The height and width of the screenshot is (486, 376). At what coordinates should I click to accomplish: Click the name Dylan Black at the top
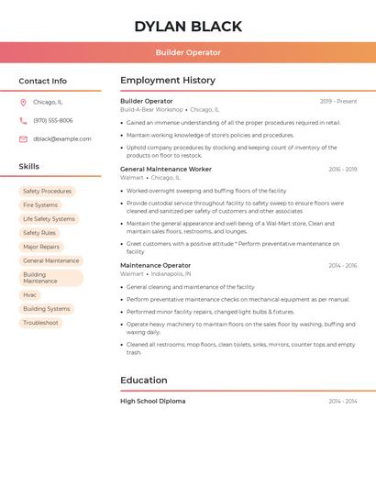tap(188, 27)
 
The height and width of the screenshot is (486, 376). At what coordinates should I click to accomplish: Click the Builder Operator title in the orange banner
tap(188, 53)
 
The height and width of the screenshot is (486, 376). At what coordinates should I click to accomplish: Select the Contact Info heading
tap(43, 81)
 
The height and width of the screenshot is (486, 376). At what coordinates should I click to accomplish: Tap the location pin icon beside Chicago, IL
tap(23, 103)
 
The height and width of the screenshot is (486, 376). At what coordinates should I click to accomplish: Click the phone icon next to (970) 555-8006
tap(23, 121)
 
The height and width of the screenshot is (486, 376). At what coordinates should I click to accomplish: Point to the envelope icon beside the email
tap(23, 139)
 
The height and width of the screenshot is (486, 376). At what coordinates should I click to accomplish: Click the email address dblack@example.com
tap(62, 139)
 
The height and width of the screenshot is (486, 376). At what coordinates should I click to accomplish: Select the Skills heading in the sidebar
tap(29, 167)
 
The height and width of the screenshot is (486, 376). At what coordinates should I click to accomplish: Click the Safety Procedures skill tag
tap(47, 192)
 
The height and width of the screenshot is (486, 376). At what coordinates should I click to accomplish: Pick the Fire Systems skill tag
tap(40, 205)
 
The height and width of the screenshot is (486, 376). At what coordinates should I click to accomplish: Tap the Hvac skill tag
tap(30, 295)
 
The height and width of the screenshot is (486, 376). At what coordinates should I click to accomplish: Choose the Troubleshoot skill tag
tap(40, 323)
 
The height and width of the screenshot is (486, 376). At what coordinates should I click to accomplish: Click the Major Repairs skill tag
tap(41, 247)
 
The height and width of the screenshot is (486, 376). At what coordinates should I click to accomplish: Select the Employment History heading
tap(168, 81)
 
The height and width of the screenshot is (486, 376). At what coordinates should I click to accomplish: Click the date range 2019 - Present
tap(338, 102)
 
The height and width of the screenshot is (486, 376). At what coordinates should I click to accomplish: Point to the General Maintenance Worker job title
tap(166, 170)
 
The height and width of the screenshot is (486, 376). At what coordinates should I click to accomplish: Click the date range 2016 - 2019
tap(343, 170)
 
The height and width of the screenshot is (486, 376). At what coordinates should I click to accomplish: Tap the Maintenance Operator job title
tap(156, 266)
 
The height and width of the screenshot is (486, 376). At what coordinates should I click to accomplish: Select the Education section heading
tap(144, 381)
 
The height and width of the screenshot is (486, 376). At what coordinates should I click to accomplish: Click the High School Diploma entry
tap(153, 402)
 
